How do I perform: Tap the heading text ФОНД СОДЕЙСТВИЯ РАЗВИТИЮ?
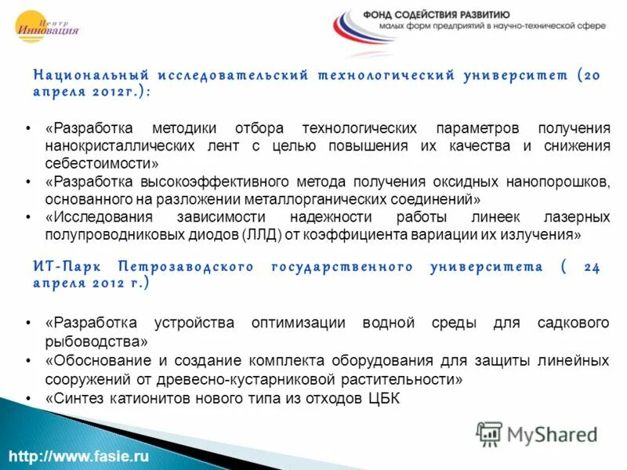(x=437, y=14)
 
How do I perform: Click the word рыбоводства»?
(x=96, y=342)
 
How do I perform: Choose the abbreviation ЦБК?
(x=383, y=399)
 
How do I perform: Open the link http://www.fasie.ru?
(x=79, y=456)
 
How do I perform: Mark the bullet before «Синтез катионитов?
(x=28, y=399)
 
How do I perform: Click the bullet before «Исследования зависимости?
(x=28, y=217)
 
